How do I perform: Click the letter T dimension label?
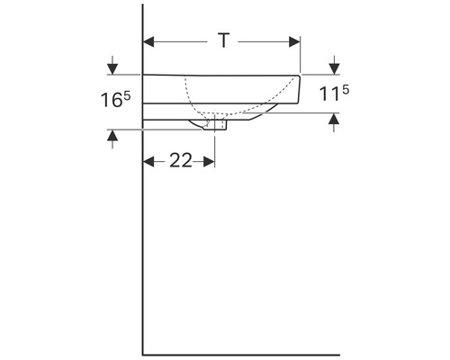pyautogui.click(x=224, y=40)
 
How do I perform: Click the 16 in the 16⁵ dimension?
pyautogui.click(x=112, y=100)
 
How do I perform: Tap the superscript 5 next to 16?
pyautogui.click(x=127, y=96)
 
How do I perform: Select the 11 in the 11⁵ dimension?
pyautogui.click(x=329, y=94)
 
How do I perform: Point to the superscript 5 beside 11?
pyautogui.click(x=346, y=90)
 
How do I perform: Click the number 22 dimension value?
pyautogui.click(x=181, y=160)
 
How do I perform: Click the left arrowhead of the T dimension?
pyautogui.click(x=148, y=41)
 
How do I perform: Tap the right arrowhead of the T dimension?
pyautogui.click(x=294, y=41)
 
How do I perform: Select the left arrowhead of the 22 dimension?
pyautogui.click(x=148, y=162)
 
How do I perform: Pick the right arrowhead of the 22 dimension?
pyautogui.click(x=209, y=162)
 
